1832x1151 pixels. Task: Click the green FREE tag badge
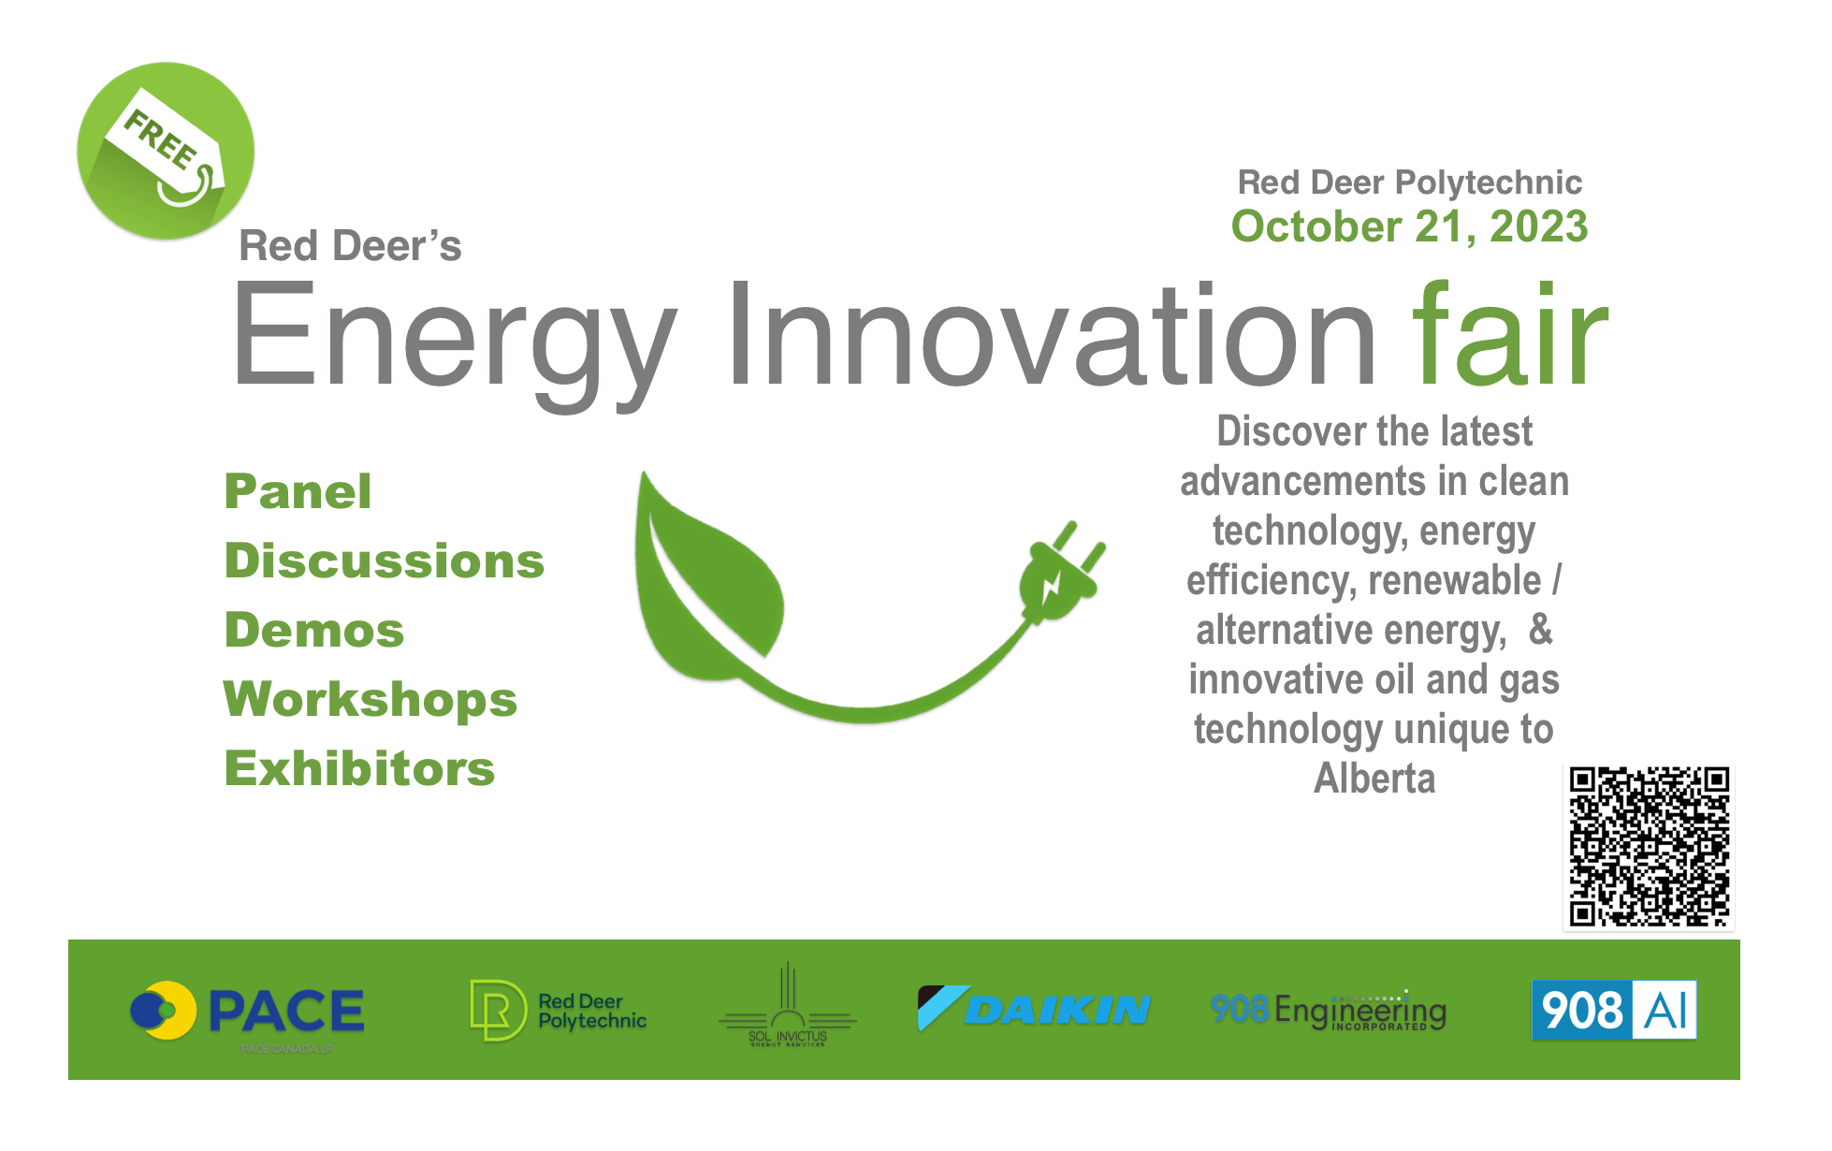tap(166, 151)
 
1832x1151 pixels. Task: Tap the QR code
tap(1649, 846)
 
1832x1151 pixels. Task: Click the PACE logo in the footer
tap(249, 1012)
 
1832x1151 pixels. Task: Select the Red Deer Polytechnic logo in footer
tap(559, 1011)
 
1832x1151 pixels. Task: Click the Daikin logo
tap(1034, 1009)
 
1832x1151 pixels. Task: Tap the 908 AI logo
tap(1614, 1010)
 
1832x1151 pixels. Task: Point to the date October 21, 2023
tap(1409, 226)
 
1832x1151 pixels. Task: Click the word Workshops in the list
tap(371, 700)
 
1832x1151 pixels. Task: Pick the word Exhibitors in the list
tap(359, 769)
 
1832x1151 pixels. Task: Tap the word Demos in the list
tap(314, 631)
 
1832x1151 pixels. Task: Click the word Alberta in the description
tap(1374, 779)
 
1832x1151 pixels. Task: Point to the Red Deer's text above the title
tap(350, 246)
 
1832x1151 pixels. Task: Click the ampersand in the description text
tap(1540, 630)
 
